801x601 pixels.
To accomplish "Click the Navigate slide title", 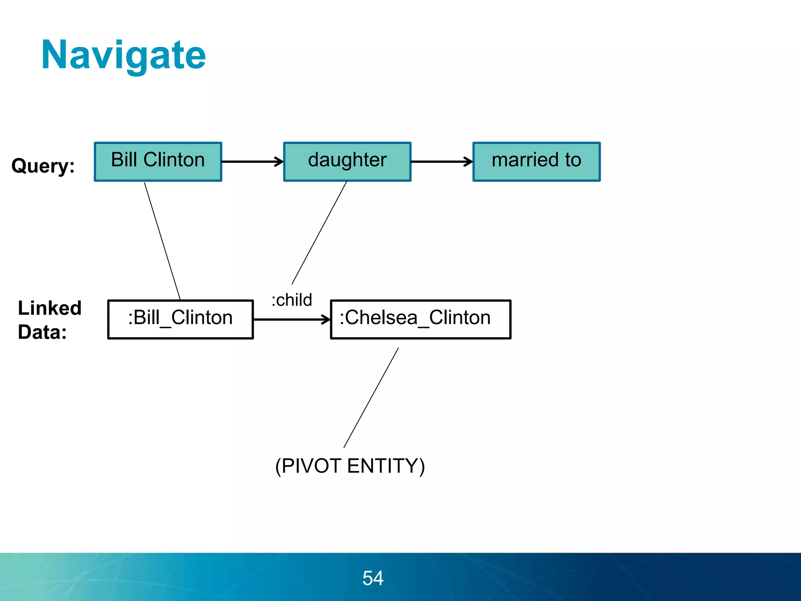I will pos(123,56).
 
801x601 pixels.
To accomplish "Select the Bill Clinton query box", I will pos(158,161).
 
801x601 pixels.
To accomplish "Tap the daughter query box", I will pos(347,161).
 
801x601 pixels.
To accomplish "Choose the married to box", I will pos(536,161).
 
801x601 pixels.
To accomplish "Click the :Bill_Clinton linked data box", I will pos(180,319).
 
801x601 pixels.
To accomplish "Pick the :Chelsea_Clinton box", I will pos(420,319).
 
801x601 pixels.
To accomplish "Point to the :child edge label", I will pos(292,300).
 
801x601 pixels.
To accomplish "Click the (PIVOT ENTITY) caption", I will pos(350,466).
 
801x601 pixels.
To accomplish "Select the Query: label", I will pos(43,166).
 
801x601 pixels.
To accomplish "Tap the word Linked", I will pos(50,308).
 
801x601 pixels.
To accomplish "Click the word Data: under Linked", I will pos(42,332).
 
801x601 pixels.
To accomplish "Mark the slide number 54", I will pos(373,578).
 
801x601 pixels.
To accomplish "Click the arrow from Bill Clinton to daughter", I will pos(252,161).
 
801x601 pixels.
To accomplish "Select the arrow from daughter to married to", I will pos(442,161).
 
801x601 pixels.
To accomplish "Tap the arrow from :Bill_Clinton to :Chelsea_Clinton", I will pos(291,320).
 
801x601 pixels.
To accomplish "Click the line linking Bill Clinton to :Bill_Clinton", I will pos(162,241).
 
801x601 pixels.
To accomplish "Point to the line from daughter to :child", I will pos(319,233).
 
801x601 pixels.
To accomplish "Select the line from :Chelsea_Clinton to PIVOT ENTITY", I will pos(371,398).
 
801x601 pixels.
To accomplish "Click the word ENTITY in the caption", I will pos(386,466).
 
